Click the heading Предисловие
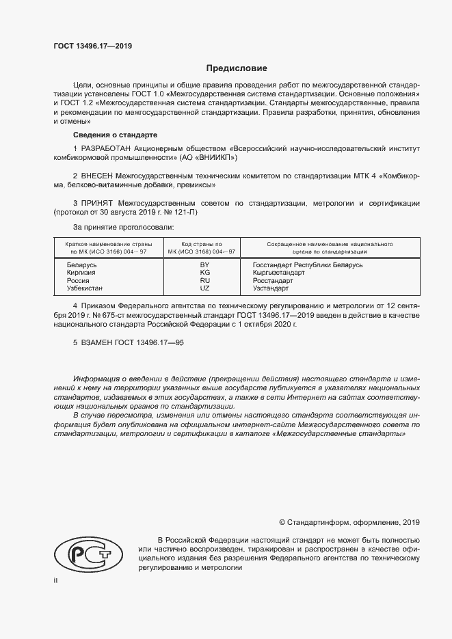click(237, 68)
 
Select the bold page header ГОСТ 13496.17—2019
click(93, 46)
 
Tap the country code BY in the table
click(203, 264)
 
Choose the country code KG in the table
click(203, 273)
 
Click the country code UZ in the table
click(203, 289)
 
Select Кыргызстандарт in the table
click(278, 273)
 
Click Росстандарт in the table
click(273, 281)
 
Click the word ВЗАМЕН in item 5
click(98, 342)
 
